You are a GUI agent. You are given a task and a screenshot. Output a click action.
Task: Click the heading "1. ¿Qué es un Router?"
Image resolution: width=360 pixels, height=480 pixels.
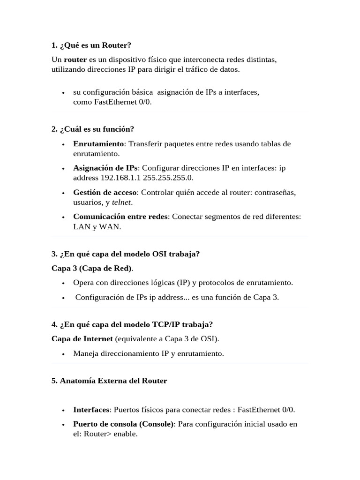(x=91, y=45)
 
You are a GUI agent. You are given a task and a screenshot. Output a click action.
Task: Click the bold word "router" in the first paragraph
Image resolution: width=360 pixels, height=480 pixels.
(x=75, y=60)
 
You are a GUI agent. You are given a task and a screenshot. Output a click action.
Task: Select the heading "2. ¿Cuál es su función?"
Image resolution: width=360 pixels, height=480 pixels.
(x=93, y=129)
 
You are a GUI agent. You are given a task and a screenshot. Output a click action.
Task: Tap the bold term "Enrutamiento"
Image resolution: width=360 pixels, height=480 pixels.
(x=98, y=143)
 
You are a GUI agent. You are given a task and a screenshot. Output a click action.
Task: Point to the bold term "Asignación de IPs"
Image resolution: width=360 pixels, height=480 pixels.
(x=105, y=168)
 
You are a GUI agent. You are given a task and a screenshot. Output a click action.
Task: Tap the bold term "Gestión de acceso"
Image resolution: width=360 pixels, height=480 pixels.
(x=105, y=192)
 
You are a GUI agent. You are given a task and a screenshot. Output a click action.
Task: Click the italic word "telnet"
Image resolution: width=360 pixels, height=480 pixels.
(x=121, y=202)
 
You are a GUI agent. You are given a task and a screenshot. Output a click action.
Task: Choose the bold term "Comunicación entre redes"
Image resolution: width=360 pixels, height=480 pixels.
(x=120, y=217)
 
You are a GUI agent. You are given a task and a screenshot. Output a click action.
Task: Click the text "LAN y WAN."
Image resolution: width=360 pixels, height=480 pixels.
(x=97, y=226)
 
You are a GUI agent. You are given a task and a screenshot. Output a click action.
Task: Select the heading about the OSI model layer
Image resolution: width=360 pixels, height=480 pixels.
(x=126, y=254)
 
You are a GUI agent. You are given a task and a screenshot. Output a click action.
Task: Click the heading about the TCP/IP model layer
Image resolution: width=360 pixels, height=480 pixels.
(x=132, y=324)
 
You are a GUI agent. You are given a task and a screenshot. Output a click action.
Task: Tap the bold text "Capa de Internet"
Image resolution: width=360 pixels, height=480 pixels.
(x=82, y=338)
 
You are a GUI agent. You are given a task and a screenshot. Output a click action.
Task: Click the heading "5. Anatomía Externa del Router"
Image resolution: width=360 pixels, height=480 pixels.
(x=109, y=381)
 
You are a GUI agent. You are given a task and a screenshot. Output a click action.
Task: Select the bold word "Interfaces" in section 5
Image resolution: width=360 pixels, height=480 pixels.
(x=91, y=410)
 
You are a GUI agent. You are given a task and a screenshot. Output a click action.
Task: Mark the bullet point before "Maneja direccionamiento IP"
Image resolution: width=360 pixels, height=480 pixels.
(x=63, y=354)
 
